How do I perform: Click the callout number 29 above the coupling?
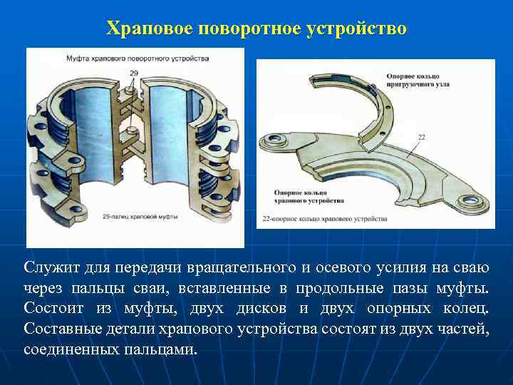[x=135, y=73]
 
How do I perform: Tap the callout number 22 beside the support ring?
[x=422, y=137]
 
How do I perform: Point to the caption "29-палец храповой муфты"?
[x=140, y=215]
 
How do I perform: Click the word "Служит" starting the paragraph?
[x=49, y=268]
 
